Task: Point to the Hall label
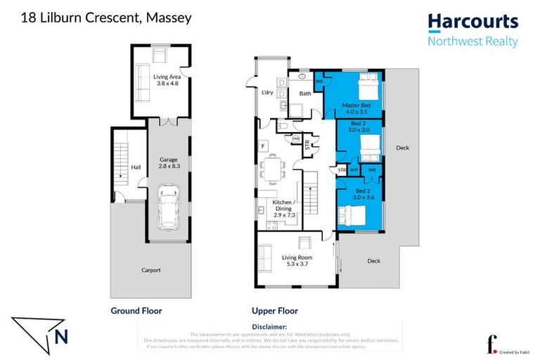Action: click(x=136, y=167)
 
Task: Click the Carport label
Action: click(x=150, y=270)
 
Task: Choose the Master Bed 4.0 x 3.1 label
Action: click(x=355, y=108)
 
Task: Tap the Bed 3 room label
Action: click(x=359, y=126)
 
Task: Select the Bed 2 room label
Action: click(x=361, y=195)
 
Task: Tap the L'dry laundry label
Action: click(x=266, y=94)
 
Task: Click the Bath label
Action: click(x=304, y=94)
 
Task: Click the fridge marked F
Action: click(x=263, y=146)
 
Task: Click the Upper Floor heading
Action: click(x=274, y=311)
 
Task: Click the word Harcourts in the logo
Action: click(x=472, y=22)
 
